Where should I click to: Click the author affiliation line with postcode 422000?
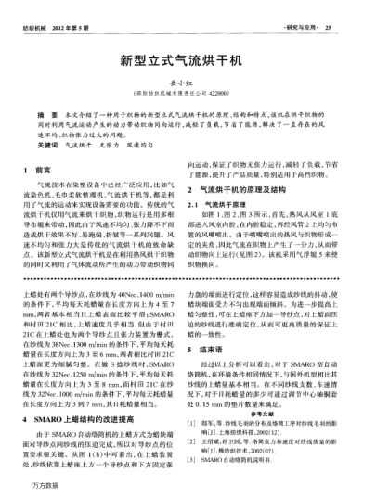click(188, 93)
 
